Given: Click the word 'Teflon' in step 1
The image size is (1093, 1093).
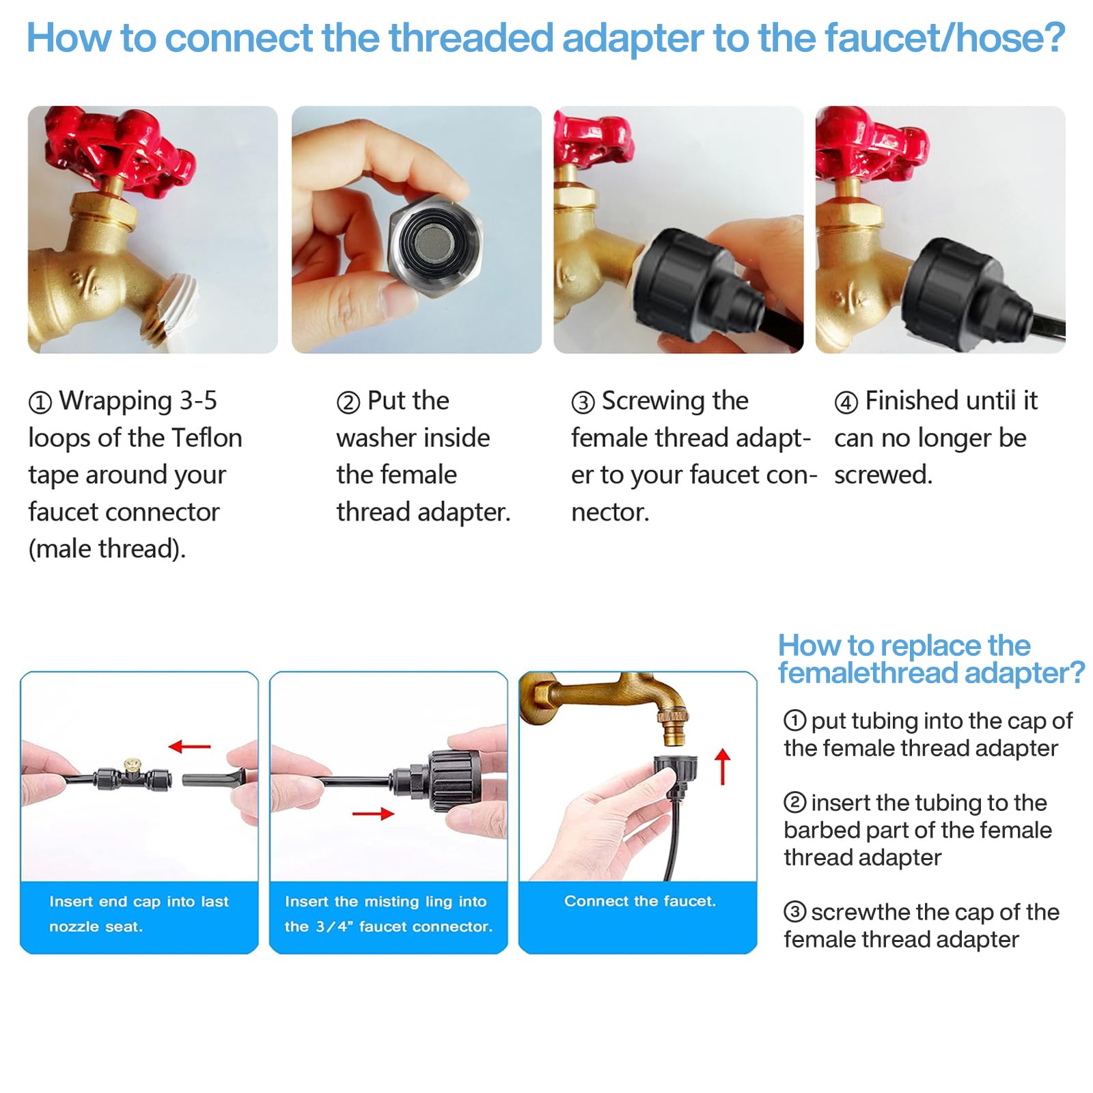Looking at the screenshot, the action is pyautogui.click(x=206, y=438).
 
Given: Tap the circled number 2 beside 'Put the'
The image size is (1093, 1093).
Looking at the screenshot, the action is pyautogui.click(x=348, y=402).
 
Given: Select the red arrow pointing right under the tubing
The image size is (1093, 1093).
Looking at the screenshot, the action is pyautogui.click(x=373, y=813).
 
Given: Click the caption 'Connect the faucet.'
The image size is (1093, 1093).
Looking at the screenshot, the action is pyautogui.click(x=640, y=901).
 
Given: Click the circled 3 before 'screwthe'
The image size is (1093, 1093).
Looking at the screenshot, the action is pyautogui.click(x=794, y=911).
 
